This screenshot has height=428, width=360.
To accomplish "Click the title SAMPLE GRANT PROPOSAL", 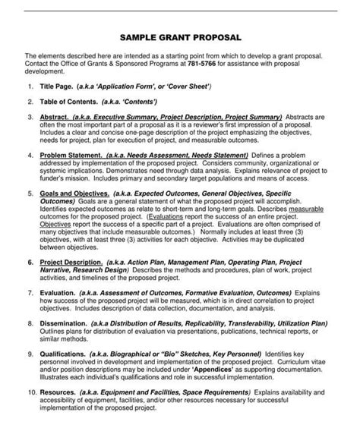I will pyautogui.click(x=180, y=37).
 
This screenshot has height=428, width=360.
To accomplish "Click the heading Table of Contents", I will pyautogui.click(x=74, y=102).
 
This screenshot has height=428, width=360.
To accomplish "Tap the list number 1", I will pyautogui.click(x=30, y=87).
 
